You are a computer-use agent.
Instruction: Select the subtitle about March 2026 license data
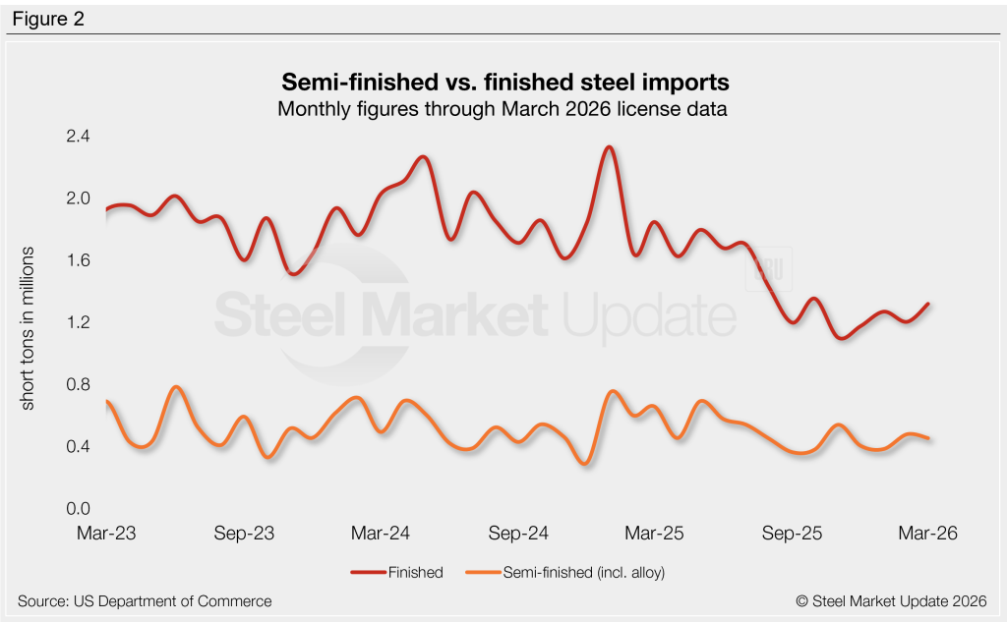pyautogui.click(x=502, y=109)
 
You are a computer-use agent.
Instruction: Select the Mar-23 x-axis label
pyautogui.click(x=106, y=534)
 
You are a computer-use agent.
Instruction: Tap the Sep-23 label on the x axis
pyautogui.click(x=244, y=534)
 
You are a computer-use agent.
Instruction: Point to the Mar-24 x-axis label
pyautogui.click(x=382, y=534)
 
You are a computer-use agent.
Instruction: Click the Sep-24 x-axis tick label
pyautogui.click(x=519, y=534)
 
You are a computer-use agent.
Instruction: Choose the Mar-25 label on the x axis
pyautogui.click(x=654, y=534)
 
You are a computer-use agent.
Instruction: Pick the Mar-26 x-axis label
pyautogui.click(x=927, y=534)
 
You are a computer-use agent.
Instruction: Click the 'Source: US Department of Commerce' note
pyautogui.click(x=145, y=600)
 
